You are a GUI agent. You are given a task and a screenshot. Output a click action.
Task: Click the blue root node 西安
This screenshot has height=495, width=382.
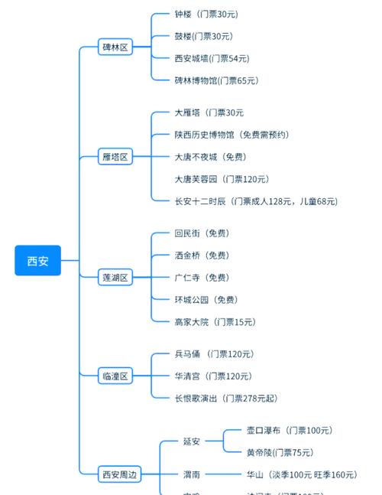click(37, 261)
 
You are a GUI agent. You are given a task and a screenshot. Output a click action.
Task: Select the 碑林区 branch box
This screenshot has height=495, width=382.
click(115, 47)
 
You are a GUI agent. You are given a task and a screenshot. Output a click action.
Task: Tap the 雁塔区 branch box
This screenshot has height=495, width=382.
click(115, 157)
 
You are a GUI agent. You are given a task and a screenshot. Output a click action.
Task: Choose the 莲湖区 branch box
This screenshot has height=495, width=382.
click(115, 277)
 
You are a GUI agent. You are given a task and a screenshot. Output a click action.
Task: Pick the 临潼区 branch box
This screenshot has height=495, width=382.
click(115, 376)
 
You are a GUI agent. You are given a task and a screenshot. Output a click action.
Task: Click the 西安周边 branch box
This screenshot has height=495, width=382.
click(120, 474)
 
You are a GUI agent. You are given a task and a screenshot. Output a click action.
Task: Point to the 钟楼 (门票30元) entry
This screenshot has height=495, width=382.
click(206, 14)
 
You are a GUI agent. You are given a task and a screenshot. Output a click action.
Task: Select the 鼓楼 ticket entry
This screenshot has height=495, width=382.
click(204, 36)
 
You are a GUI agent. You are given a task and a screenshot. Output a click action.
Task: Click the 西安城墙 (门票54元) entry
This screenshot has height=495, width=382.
click(212, 58)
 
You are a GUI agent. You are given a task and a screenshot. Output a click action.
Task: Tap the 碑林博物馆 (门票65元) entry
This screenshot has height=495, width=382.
click(216, 80)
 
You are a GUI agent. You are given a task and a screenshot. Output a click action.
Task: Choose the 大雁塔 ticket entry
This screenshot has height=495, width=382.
click(209, 112)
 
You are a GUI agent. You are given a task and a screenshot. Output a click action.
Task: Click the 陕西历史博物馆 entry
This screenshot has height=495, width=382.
click(231, 135)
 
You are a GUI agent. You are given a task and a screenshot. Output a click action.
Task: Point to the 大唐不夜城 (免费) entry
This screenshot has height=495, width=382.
click(210, 157)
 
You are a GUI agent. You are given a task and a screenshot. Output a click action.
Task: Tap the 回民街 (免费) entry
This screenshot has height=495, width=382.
click(202, 233)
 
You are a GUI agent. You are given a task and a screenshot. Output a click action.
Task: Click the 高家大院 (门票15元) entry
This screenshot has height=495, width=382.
click(215, 322)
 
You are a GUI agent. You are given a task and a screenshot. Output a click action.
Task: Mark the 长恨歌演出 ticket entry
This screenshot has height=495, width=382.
click(226, 398)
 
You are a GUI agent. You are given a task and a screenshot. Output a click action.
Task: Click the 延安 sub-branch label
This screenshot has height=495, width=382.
click(192, 441)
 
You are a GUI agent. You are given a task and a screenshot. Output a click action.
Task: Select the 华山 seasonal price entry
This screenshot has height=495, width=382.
click(301, 474)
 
